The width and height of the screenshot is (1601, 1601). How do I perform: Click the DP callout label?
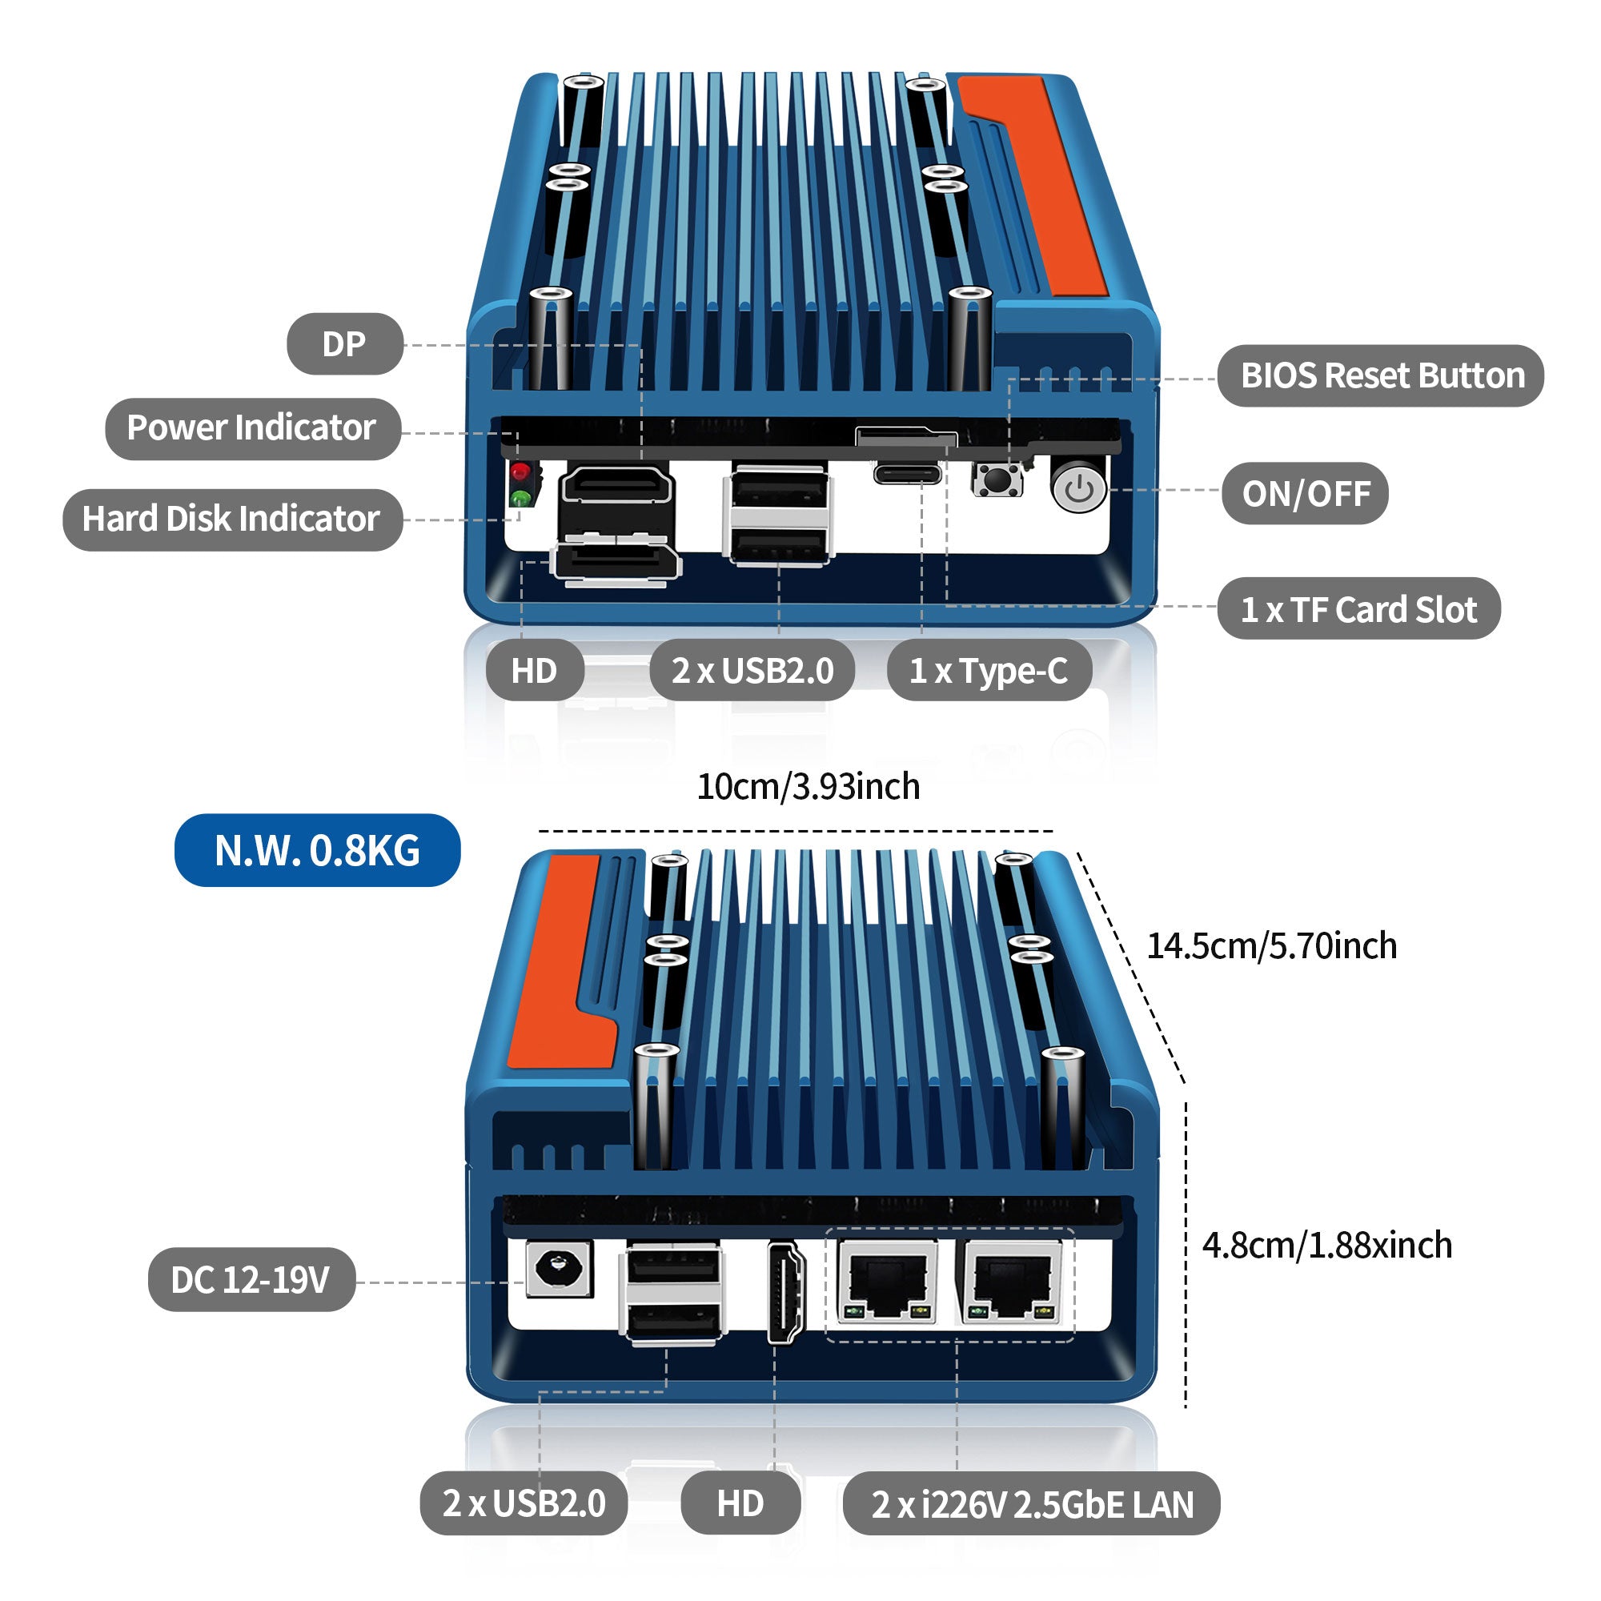(x=345, y=344)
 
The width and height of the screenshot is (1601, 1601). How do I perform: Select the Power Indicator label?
(x=252, y=428)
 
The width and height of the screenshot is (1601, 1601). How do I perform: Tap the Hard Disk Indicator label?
(x=232, y=520)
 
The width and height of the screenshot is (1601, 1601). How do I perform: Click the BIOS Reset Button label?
(x=1381, y=376)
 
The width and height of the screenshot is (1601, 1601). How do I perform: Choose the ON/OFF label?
(x=1305, y=494)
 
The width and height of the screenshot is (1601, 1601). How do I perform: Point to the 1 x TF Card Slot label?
(x=1358, y=609)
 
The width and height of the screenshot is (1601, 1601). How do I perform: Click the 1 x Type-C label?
(x=989, y=670)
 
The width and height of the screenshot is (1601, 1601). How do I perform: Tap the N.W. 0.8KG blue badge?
(x=317, y=850)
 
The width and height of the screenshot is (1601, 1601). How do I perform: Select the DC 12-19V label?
(x=251, y=1279)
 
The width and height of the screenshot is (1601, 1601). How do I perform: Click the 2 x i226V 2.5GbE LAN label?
(x=1032, y=1504)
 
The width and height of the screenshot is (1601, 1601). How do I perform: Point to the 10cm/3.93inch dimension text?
(x=808, y=786)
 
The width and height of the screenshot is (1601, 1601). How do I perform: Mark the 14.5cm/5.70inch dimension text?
(x=1271, y=945)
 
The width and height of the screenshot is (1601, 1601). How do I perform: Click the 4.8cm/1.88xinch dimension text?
(x=1326, y=1246)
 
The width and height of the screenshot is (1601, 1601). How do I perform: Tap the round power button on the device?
(x=1079, y=489)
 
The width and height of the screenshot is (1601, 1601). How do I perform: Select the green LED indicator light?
(x=520, y=499)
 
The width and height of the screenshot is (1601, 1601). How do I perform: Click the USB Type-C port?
(x=908, y=475)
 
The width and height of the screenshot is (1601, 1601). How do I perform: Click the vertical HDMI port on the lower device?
(x=784, y=1292)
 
